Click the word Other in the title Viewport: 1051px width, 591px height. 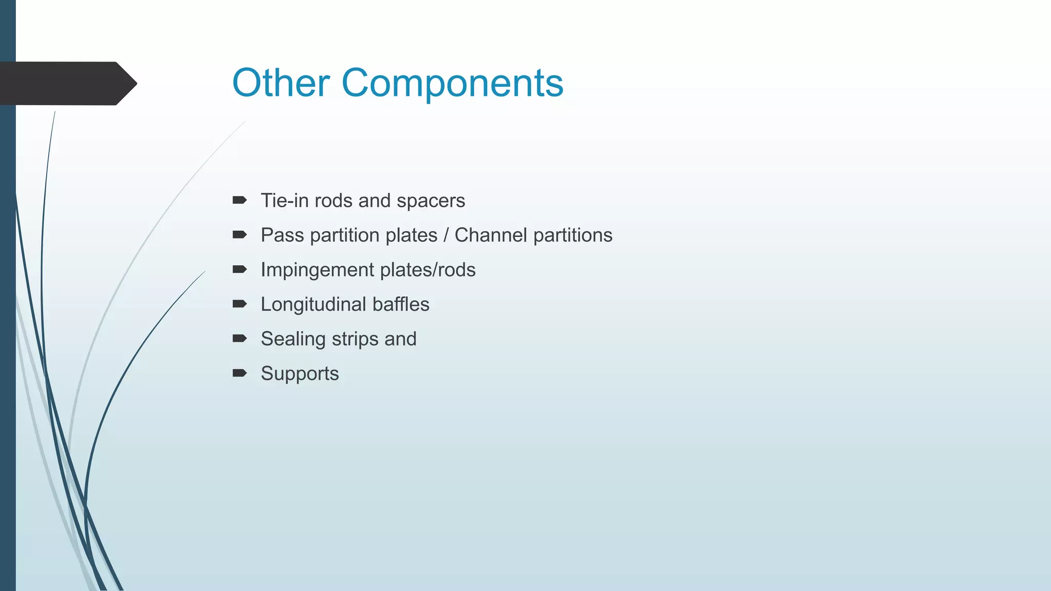coord(281,83)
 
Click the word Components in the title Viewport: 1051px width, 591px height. coord(452,84)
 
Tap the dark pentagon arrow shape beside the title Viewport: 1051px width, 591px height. coord(67,83)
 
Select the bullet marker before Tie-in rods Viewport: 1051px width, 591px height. coord(239,200)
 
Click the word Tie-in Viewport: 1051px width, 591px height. coord(284,201)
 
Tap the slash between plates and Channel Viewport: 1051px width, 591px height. coord(446,235)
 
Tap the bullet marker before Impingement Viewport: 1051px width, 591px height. coord(239,269)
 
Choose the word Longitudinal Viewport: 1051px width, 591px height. coord(313,305)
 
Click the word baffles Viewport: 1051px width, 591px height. coord(401,304)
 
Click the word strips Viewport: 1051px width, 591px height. coord(355,339)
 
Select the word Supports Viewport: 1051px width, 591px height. coord(300,373)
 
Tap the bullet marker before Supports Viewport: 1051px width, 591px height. coord(239,373)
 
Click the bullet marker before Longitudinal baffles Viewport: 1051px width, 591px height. coord(239,304)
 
